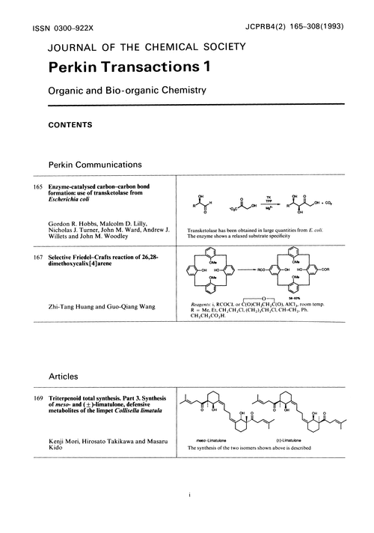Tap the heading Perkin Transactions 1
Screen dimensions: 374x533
(130, 67)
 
